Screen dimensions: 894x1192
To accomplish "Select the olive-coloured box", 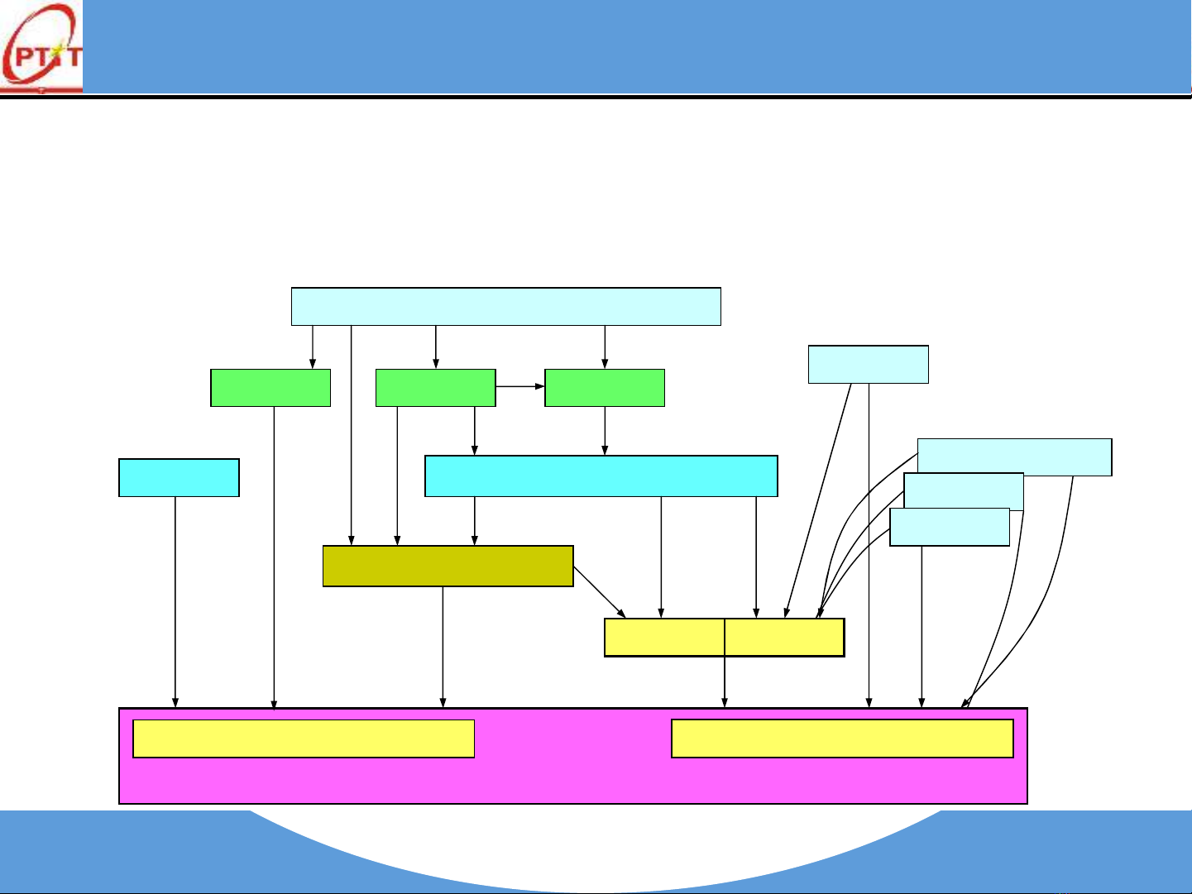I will pos(448,567).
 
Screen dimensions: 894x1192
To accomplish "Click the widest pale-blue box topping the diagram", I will pos(506,307).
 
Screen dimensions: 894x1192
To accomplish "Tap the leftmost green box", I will pos(270,388).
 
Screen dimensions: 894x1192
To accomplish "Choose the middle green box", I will pos(435,388).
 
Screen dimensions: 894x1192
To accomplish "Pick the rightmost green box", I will pos(605,388).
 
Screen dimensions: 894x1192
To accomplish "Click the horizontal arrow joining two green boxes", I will pos(520,386).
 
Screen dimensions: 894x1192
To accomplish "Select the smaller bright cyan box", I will pos(179,478).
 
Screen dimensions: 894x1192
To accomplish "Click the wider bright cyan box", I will pos(601,476).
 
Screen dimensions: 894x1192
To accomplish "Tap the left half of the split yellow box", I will pos(664,638).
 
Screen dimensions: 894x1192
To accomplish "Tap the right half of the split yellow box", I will pos(784,638).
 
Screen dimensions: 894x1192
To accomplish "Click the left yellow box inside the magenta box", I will pos(304,739).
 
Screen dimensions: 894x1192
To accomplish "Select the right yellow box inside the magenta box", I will pos(842,739).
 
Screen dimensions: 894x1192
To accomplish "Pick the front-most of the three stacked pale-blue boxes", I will pos(950,528).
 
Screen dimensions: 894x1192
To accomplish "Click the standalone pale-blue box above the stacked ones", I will pos(868,365).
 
